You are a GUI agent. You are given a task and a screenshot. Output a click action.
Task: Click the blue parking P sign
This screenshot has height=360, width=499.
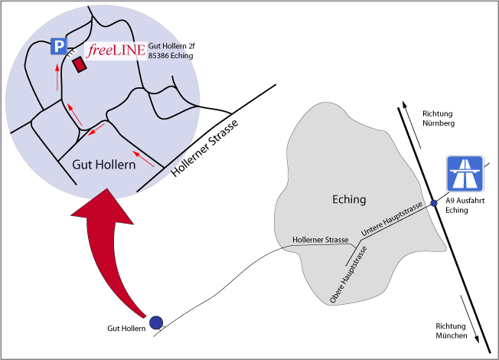pos(58,47)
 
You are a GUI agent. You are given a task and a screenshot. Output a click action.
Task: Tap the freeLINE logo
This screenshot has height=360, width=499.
pos(114,51)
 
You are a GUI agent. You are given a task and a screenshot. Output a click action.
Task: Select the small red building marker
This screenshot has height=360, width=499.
pos(78,64)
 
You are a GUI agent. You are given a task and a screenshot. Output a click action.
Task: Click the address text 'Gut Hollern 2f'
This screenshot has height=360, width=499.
pos(171,46)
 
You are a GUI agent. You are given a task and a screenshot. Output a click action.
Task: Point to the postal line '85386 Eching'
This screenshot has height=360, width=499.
pos(171,56)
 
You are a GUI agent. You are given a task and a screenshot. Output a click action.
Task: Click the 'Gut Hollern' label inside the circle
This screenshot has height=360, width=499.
pos(103,165)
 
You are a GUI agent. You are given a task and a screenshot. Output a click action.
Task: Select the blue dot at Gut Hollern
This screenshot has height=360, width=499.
pos(156,323)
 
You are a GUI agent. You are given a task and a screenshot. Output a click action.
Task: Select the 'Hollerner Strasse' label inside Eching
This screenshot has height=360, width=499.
pos(321,240)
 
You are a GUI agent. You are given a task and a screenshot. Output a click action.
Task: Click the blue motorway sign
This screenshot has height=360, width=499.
pos(465,175)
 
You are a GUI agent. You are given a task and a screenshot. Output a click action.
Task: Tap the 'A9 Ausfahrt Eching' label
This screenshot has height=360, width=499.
pos(465,205)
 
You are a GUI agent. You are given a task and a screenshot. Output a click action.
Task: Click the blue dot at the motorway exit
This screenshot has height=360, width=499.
pos(434,203)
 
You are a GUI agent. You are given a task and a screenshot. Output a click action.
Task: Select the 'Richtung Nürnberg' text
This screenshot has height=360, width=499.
pos(439,118)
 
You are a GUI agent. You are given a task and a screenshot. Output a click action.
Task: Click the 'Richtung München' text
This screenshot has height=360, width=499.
pos(451,331)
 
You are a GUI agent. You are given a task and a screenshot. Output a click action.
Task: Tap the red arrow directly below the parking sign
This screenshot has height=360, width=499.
pos(56,77)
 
